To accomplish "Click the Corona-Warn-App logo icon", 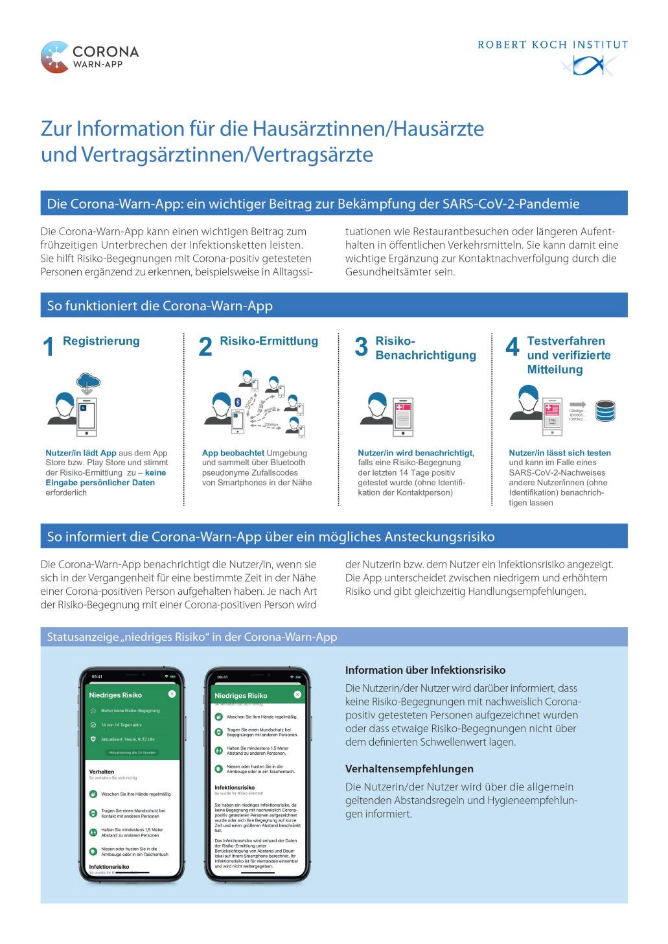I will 54,57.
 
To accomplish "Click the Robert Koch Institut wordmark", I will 553,45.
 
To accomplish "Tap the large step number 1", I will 49,347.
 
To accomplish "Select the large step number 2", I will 205,347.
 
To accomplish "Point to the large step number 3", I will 362,347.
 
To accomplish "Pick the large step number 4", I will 512,347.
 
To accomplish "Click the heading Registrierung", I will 101,341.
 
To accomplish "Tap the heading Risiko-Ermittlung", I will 269,341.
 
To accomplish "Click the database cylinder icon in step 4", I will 605,409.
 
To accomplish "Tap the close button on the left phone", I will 172,694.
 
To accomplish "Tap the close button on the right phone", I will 297,695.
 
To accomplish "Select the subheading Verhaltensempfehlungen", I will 409,769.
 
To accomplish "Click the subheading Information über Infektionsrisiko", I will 425,670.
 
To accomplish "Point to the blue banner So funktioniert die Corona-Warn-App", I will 334,305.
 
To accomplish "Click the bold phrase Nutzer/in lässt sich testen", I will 560,453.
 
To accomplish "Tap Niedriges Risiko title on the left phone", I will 115,695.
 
